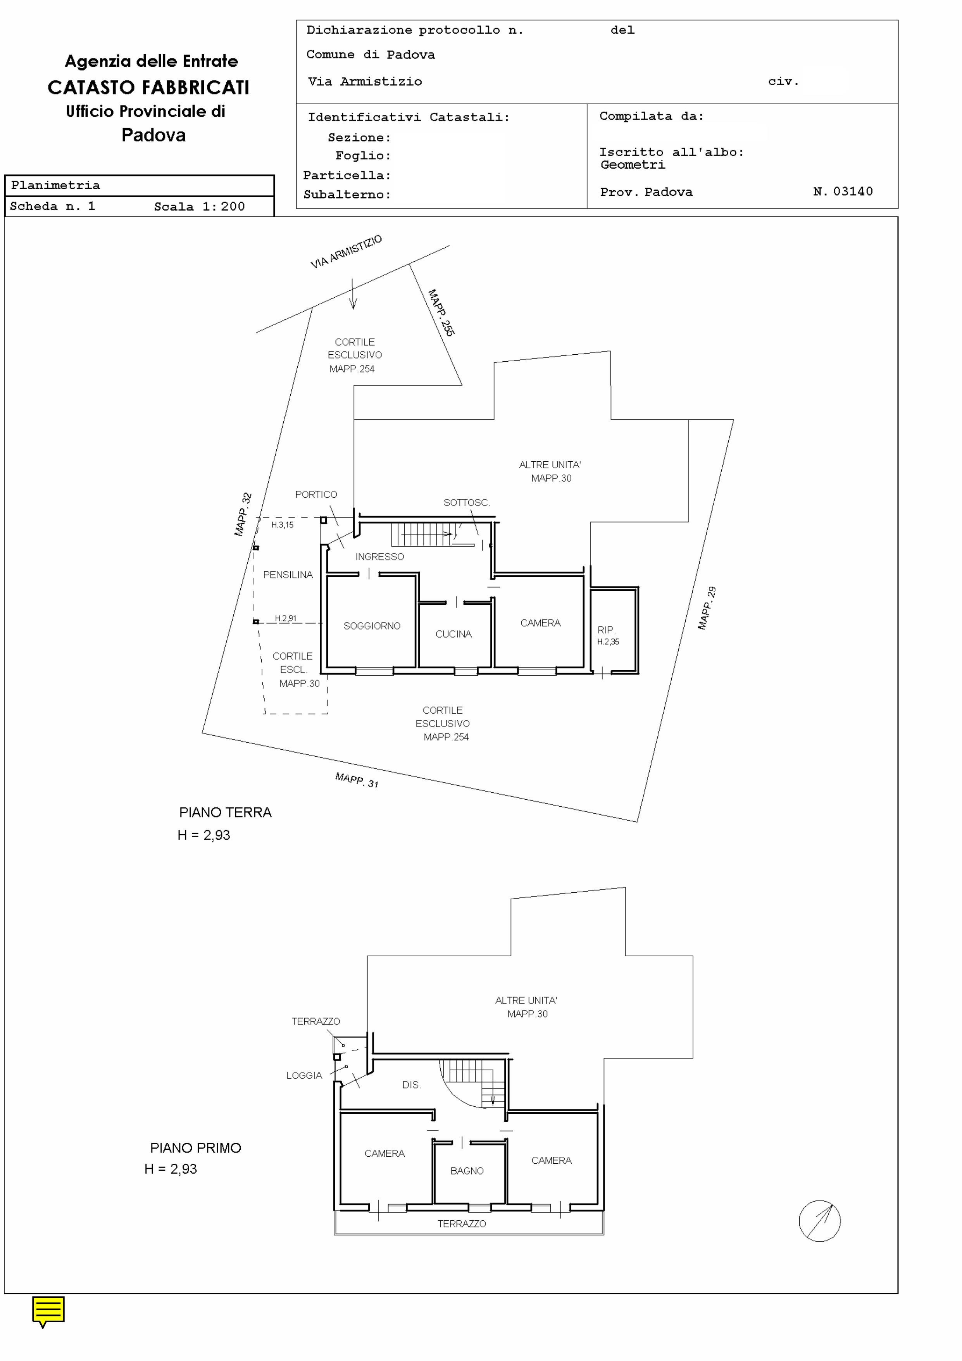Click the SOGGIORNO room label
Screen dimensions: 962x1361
click(x=372, y=626)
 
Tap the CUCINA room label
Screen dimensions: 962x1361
click(x=453, y=634)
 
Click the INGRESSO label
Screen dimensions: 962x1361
click(x=379, y=557)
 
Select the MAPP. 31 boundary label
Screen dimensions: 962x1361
click(x=357, y=780)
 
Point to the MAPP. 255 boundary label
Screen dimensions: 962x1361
click(x=441, y=313)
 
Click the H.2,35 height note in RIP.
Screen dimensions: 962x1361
click(x=608, y=642)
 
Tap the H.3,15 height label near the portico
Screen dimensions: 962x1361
click(x=282, y=524)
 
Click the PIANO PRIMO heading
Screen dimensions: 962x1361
click(x=196, y=1148)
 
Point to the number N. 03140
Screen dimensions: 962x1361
click(x=843, y=191)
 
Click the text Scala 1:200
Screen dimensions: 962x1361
click(x=199, y=206)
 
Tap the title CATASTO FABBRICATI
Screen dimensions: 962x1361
click(x=148, y=88)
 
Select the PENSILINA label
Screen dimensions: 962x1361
click(x=288, y=574)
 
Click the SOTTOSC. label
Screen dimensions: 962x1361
click(x=467, y=503)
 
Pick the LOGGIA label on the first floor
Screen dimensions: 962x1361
click(x=304, y=1075)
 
